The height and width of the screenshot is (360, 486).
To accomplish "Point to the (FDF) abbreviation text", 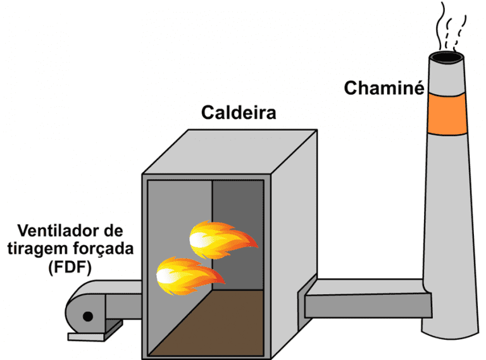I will pyautogui.click(x=70, y=268).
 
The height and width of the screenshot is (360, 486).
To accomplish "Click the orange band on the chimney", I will pyautogui.click(x=448, y=114).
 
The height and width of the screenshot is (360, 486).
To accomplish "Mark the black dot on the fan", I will pyautogui.click(x=88, y=316).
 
